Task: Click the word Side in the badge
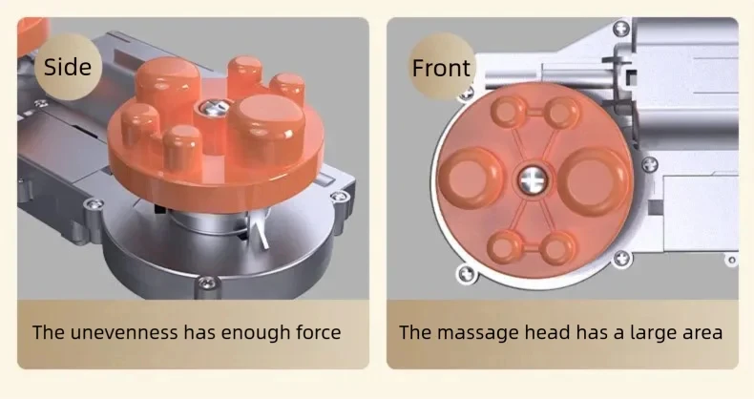(x=68, y=66)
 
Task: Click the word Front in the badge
(x=441, y=68)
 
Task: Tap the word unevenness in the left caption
(x=123, y=333)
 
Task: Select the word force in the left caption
(x=319, y=332)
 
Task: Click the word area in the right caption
(x=702, y=333)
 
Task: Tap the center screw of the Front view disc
(x=533, y=181)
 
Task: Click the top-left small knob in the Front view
(x=509, y=112)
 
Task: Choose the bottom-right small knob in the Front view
(x=557, y=249)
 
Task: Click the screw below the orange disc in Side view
(x=208, y=283)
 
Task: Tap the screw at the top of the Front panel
(x=621, y=29)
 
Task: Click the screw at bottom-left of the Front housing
(x=466, y=275)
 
